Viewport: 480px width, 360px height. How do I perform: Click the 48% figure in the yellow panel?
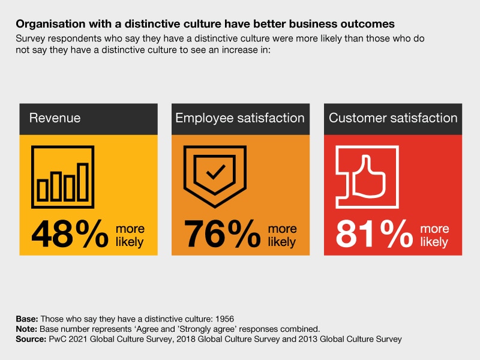[69, 234]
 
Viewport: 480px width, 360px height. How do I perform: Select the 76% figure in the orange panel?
[222, 234]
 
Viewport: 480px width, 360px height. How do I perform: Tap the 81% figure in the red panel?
[375, 234]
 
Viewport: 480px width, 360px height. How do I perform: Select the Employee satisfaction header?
[240, 118]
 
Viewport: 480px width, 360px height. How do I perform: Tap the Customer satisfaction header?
[393, 118]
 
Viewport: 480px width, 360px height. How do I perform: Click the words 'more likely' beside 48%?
[130, 235]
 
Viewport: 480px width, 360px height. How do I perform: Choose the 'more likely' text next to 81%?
[434, 235]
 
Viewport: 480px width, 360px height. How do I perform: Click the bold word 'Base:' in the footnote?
[26, 319]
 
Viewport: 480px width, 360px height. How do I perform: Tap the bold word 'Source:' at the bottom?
[31, 339]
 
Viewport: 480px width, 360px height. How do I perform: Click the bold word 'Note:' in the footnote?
[26, 329]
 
